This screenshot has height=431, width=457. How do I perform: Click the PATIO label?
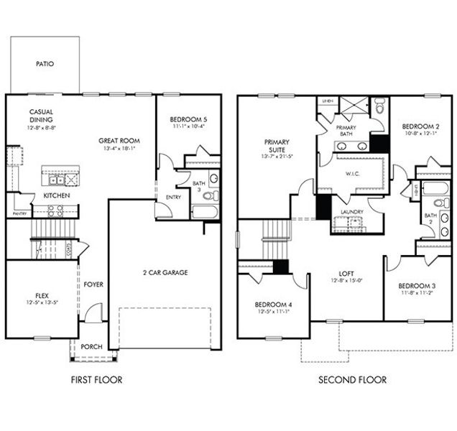pos(45,64)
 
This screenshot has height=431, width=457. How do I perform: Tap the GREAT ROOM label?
pos(119,140)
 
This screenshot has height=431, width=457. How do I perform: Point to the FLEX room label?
pos(42,295)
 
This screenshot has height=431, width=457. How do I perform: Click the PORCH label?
pos(91,347)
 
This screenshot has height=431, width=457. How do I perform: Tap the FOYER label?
pos(93,284)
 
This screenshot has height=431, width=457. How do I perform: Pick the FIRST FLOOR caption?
pos(96,380)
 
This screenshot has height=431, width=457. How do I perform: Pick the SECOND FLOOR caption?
pos(352,380)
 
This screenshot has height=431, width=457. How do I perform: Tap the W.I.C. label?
pos(351,172)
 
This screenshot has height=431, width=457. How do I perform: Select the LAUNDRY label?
pos(352,212)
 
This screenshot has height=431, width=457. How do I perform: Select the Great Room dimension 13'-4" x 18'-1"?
pos(119,149)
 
